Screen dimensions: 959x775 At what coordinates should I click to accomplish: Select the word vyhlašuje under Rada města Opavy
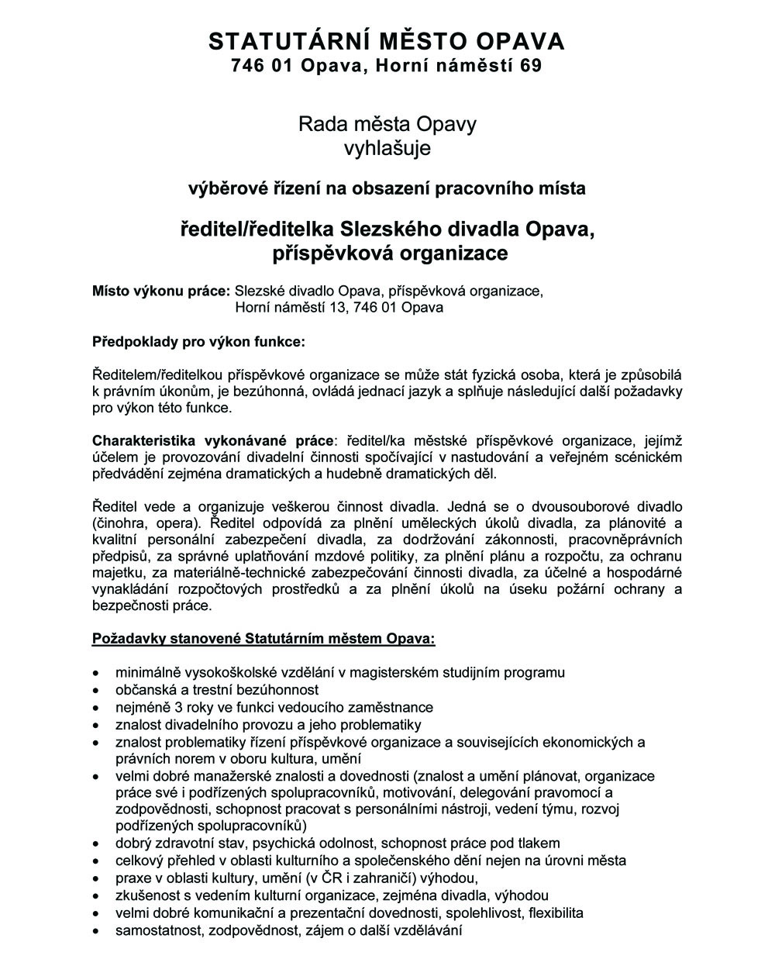(387, 147)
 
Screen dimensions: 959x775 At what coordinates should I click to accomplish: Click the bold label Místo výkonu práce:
(161, 291)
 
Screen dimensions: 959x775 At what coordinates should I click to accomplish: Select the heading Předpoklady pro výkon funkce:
(198, 340)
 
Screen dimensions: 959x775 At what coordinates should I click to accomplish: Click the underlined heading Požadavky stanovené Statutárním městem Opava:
(263, 640)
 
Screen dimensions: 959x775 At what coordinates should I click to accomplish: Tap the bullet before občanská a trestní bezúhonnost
(95, 690)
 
